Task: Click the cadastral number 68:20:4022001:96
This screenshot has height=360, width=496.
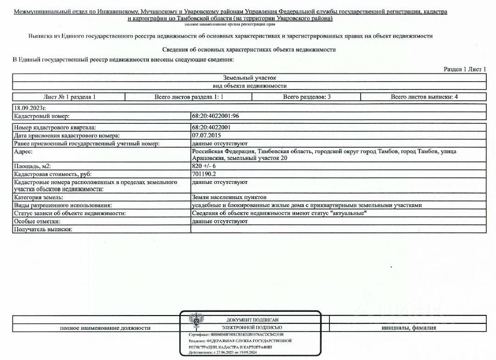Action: coord(215,116)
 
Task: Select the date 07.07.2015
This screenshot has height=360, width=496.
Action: coord(206,135)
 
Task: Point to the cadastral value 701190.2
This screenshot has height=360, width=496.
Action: coord(204,174)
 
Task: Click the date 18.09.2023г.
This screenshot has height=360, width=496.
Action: coord(31,108)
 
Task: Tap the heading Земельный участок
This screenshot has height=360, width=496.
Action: coord(249,78)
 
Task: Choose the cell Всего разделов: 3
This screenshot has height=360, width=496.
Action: coord(307,97)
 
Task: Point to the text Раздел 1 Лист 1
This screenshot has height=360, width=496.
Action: coord(464,69)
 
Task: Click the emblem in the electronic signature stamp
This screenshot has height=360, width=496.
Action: coord(197,321)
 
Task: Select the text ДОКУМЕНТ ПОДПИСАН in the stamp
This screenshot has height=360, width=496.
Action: coord(252,320)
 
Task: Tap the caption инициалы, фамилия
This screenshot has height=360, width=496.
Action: coord(408,328)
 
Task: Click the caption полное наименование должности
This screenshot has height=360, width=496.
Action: coord(105,328)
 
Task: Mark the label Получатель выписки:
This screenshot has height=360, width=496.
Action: coord(44,229)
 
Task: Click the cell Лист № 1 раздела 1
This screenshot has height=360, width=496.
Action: coord(69,97)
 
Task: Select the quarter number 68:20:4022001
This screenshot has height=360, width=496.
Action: coord(211,127)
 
